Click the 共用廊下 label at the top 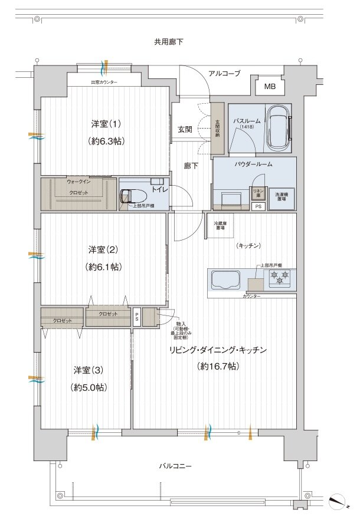(x=169, y=42)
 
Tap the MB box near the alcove (x=269, y=87)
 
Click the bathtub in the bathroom (x=277, y=127)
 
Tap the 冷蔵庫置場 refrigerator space (x=221, y=225)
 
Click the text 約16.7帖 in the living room (x=218, y=366)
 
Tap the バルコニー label (x=175, y=466)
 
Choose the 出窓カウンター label (x=104, y=83)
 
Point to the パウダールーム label (x=253, y=164)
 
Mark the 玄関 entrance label (x=185, y=129)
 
